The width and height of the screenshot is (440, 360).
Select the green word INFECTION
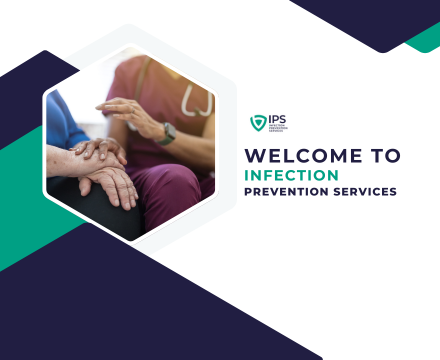[283, 174]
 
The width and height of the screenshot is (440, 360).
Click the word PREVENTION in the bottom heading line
[286, 191]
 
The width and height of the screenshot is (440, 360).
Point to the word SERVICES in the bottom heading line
[363, 191]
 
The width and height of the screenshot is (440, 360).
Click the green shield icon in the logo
[257, 123]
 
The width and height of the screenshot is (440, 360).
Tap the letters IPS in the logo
[276, 119]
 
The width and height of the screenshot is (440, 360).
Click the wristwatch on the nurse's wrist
[168, 132]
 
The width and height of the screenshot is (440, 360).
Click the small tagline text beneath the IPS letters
[276, 128]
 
